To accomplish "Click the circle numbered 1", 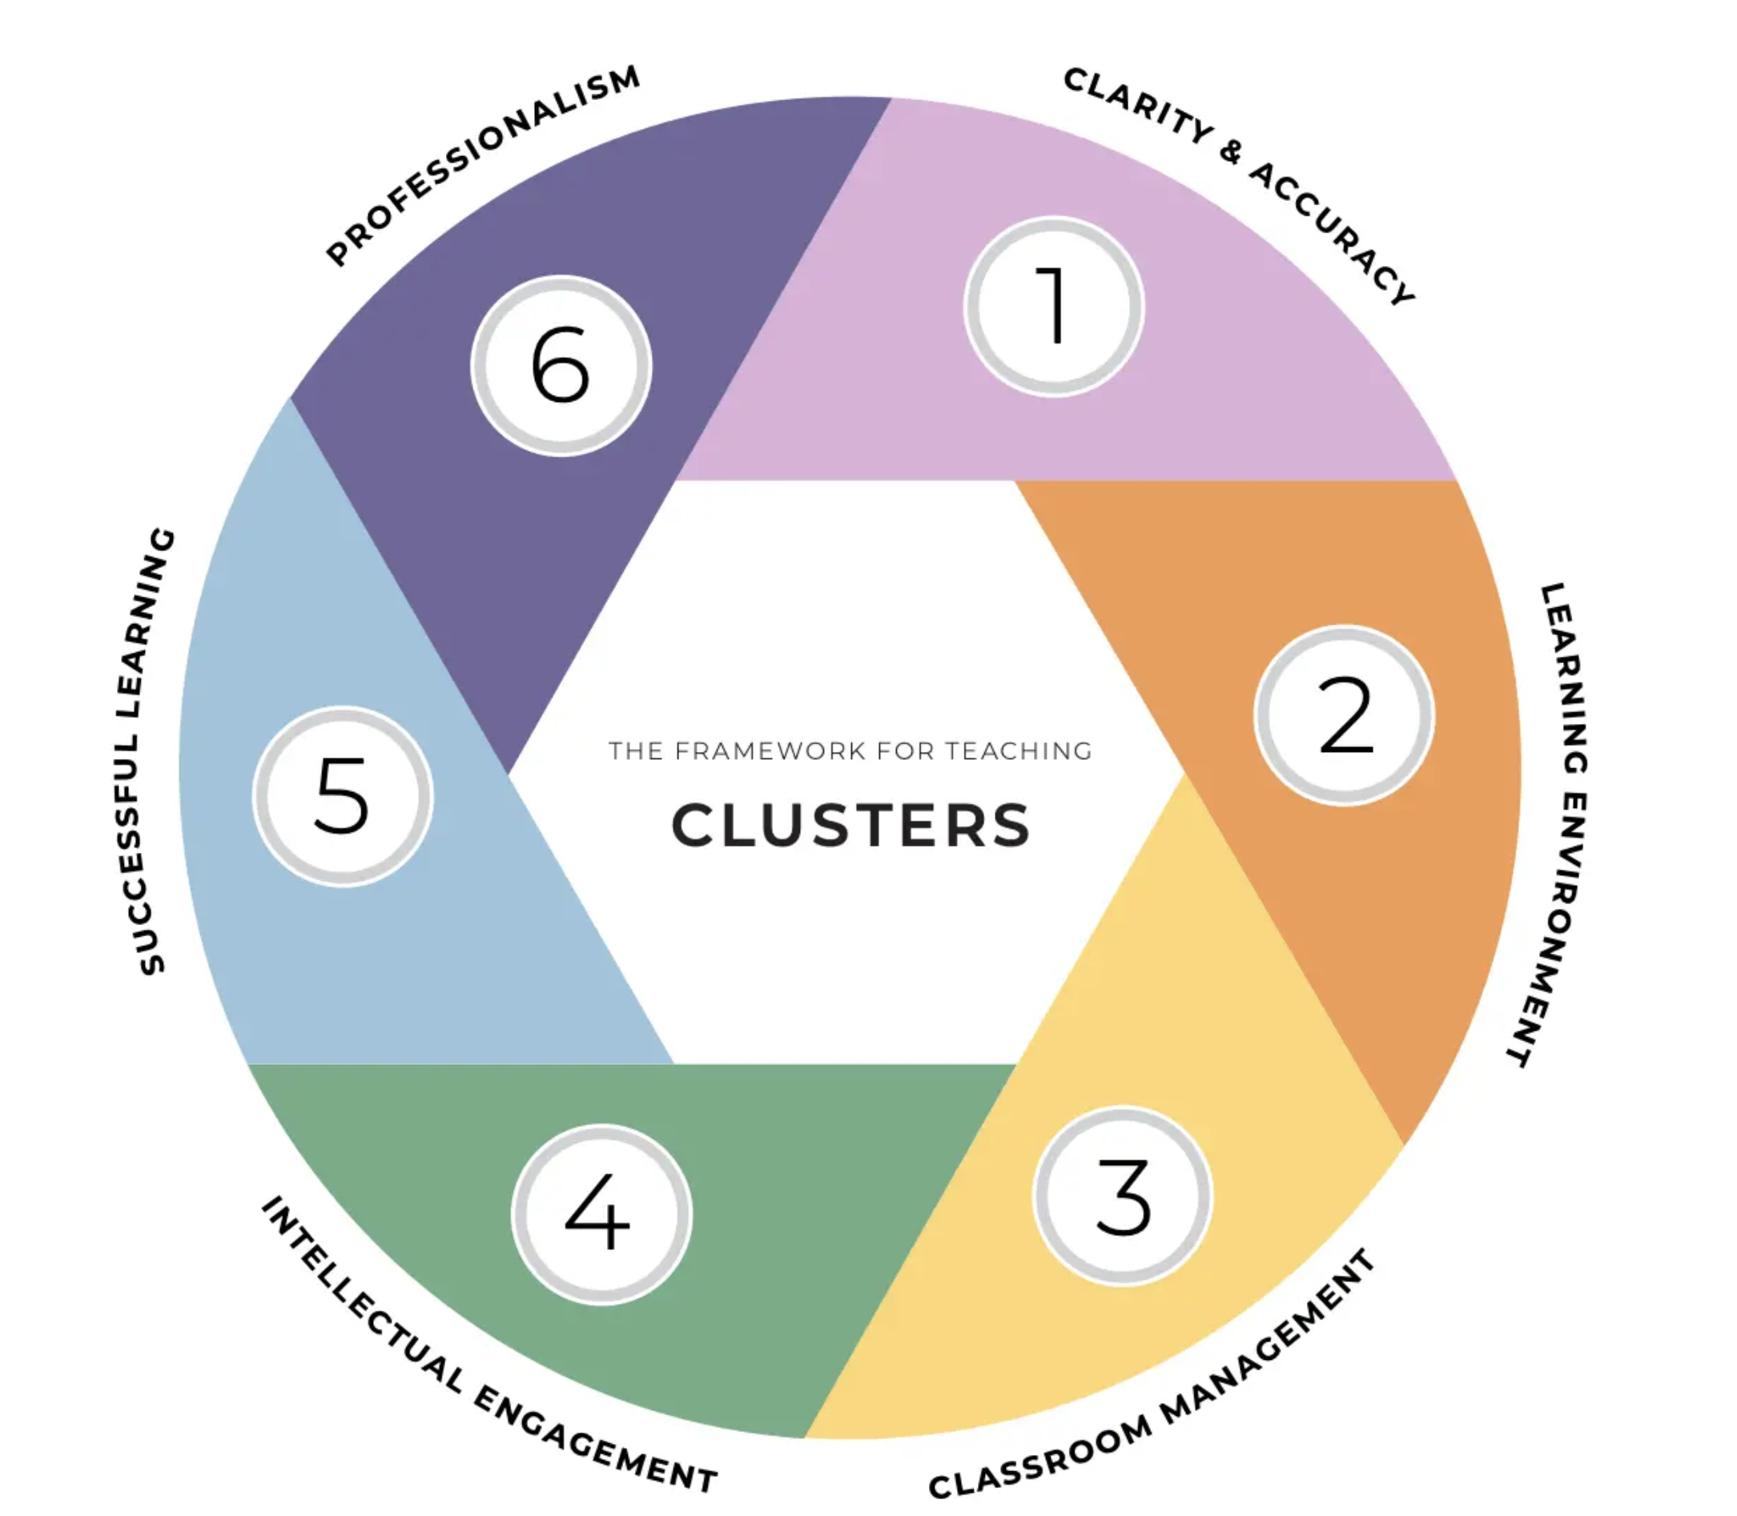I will pos(1053,306).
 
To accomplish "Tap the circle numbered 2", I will pos(1345,716).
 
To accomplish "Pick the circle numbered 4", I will pos(601,1215).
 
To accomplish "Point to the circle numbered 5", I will pos(343,796).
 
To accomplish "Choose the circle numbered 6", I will pos(561,365).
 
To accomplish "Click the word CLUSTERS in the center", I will pos(850,826).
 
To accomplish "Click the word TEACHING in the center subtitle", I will pos(1019,751).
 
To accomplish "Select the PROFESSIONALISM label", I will pos(483,165).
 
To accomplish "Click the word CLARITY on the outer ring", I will pos(1138,106).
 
